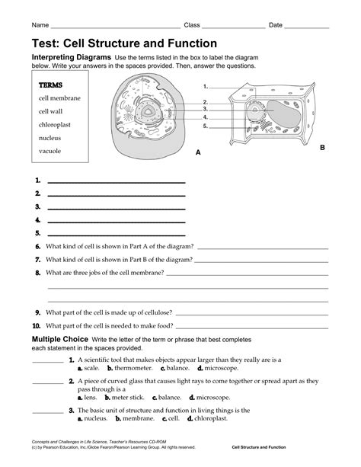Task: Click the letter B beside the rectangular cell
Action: (x=321, y=146)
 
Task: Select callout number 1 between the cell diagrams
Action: (x=206, y=88)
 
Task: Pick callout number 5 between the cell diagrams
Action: (x=206, y=126)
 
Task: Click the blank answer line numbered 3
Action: (x=116, y=207)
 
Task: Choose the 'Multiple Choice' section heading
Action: (x=59, y=337)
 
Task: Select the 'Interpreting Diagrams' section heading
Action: (x=71, y=58)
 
